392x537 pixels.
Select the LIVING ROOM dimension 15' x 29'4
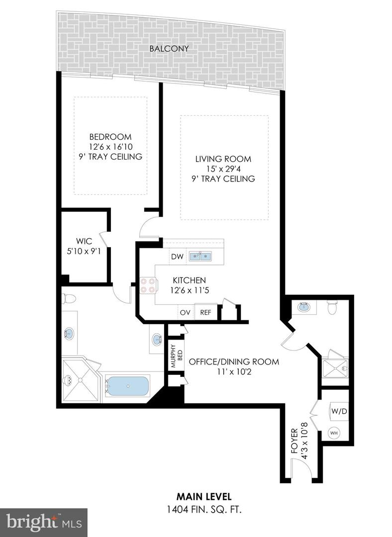tap(223, 169)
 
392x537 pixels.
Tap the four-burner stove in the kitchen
tap(147, 284)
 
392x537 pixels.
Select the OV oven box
tap(186, 313)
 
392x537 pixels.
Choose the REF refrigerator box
tap(205, 313)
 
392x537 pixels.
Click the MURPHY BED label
tap(174, 356)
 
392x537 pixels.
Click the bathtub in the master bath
tap(128, 386)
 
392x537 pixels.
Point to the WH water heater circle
tap(334, 434)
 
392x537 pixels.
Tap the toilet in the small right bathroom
tap(333, 308)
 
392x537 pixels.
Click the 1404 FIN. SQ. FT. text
tap(204, 510)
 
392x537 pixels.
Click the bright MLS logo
tap(43, 522)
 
